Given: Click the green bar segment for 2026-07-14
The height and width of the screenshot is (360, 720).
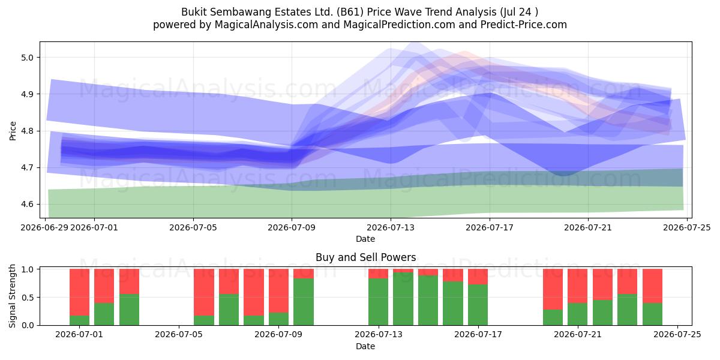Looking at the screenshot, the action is [403, 299].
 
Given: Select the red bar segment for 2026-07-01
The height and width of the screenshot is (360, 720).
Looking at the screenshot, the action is [79, 292].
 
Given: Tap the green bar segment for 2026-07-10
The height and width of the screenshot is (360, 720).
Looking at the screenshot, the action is [304, 301].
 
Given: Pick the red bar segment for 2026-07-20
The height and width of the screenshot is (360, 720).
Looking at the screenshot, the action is [553, 289].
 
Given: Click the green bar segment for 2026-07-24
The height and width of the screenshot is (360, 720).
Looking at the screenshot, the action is [653, 314].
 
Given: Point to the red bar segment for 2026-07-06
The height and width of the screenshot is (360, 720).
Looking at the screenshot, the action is [204, 292].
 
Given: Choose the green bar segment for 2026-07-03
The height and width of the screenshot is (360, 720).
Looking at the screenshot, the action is [129, 310].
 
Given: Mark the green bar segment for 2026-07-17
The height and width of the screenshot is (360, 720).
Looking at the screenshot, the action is [478, 305].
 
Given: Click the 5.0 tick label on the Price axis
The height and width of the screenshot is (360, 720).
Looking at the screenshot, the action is [27, 58].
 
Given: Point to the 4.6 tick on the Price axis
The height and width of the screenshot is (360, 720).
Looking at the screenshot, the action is [27, 205].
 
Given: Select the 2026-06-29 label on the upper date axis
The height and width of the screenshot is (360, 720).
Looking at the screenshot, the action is [44, 227].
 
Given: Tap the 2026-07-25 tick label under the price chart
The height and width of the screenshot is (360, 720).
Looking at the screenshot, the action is [687, 227].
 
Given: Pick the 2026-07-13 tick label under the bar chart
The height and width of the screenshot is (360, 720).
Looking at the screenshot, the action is [379, 335].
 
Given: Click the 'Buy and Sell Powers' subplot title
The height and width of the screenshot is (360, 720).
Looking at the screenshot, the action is [366, 257].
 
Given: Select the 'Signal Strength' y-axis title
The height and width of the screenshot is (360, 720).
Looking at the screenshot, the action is [12, 296].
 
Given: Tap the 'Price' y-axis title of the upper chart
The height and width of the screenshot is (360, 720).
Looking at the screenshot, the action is [13, 131].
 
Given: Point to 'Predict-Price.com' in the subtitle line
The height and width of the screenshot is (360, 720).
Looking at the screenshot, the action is [524, 25].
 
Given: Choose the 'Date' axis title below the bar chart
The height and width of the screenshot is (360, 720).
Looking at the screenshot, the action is [365, 346].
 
